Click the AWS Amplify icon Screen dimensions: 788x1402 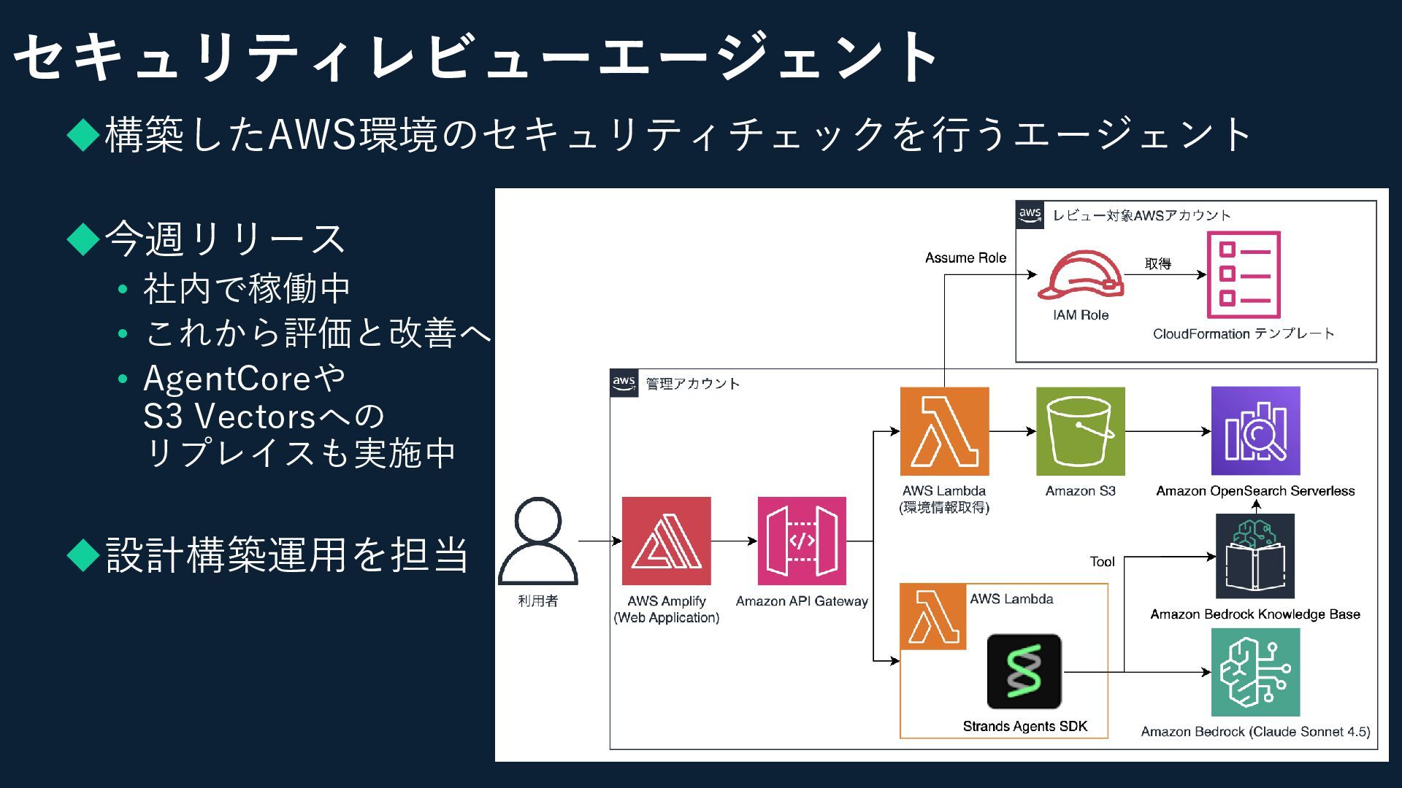click(666, 541)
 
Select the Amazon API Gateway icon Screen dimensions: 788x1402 click(802, 541)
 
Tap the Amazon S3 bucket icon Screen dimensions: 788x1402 click(1080, 431)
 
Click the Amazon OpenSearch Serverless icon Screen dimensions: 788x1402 click(1255, 431)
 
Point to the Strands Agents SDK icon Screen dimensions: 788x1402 click(1024, 671)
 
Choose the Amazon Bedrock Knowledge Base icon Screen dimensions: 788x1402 click(1254, 556)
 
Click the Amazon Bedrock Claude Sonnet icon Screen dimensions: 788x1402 click(1255, 672)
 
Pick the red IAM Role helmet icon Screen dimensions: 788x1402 click(1081, 275)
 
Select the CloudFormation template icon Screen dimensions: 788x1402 click(1243, 275)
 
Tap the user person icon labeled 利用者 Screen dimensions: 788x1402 click(538, 541)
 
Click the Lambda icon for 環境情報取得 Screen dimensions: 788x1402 click(944, 431)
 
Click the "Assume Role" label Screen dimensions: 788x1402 click(965, 258)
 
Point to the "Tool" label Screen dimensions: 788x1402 click(1102, 561)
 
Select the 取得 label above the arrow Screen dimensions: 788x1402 click(1157, 263)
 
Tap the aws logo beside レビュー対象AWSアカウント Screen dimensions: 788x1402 click(1030, 215)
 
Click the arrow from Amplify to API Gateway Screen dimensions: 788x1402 click(734, 541)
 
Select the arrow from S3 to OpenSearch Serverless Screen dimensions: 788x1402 click(1168, 431)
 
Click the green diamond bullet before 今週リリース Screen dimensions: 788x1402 click(83, 239)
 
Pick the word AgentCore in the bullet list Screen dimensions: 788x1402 click(227, 378)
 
